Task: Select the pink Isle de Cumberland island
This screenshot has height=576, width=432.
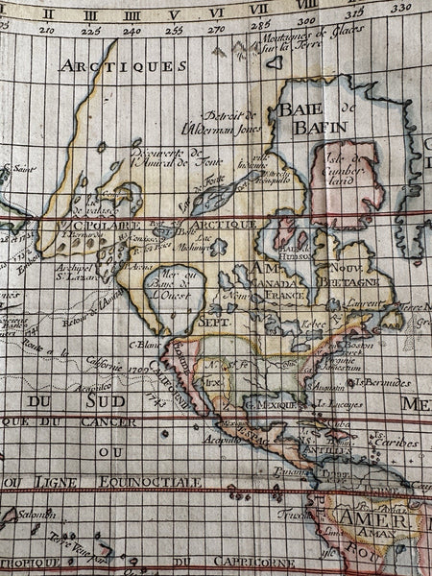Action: [x=347, y=182]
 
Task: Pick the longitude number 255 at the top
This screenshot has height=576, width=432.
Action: [x=174, y=30]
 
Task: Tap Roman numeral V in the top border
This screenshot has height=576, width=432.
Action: [x=174, y=13]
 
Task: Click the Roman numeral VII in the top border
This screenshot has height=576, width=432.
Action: [x=258, y=9]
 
